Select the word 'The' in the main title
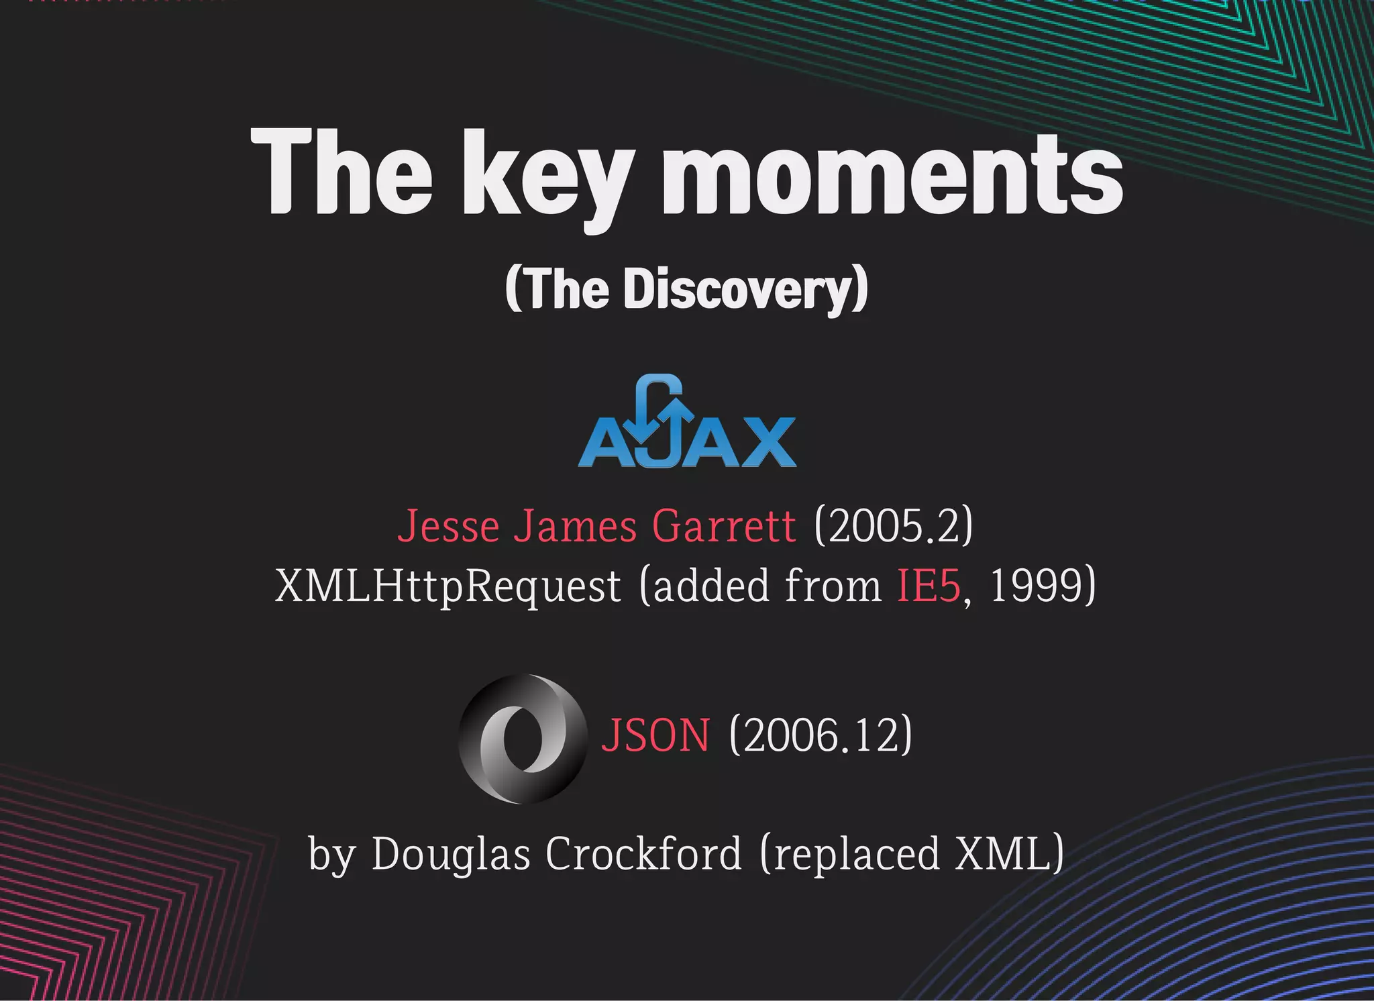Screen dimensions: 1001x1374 (341, 173)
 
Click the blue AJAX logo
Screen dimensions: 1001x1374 (687, 423)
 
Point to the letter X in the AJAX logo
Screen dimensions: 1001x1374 (759, 443)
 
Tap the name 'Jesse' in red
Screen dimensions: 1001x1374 (448, 526)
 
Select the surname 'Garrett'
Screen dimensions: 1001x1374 (723, 526)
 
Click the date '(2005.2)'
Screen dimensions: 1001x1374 (893, 526)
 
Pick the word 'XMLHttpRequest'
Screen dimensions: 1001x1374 (447, 586)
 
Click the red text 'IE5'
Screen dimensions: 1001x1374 (929, 586)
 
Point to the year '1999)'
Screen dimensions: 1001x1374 (1043, 586)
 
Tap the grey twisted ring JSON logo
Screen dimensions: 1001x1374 (521, 738)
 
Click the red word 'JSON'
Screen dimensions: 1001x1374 (655, 736)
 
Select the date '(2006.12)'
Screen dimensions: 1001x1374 (820, 736)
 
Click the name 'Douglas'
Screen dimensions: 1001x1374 (450, 854)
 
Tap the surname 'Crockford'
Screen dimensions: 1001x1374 (643, 854)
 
